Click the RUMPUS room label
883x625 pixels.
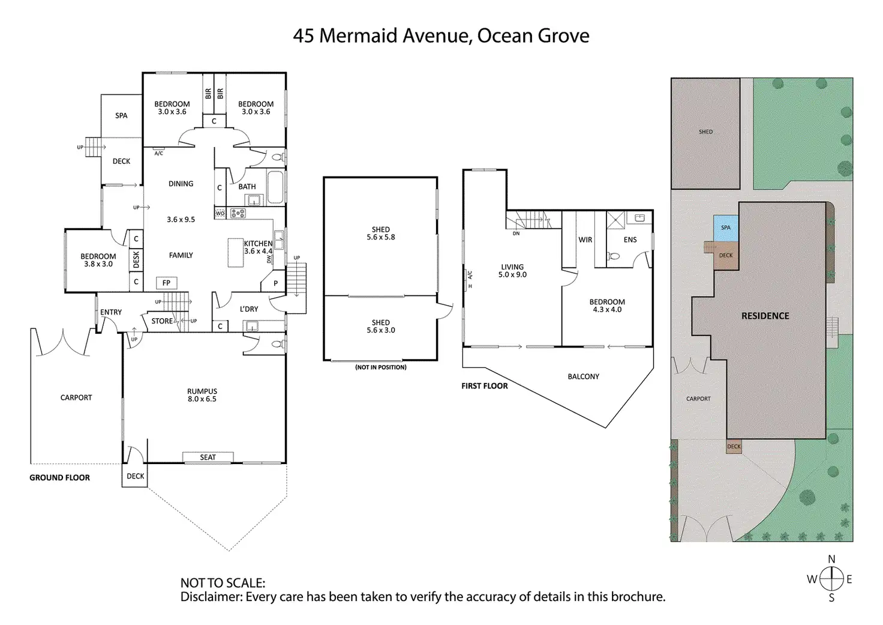(202, 391)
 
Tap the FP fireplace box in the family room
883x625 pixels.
(166, 283)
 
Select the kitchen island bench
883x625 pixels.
(235, 253)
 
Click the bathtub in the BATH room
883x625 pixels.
(275, 187)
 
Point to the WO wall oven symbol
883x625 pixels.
(220, 214)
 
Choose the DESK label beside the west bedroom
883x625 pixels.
(136, 260)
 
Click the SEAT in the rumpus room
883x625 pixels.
(208, 457)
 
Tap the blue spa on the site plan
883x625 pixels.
(726, 229)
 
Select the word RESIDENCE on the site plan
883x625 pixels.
(765, 316)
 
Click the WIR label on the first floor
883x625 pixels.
(585, 240)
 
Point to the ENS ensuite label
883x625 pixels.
(630, 240)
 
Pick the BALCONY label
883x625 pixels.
(584, 376)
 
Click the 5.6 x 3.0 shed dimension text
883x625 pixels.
(381, 330)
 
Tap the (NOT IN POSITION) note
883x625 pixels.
(381, 367)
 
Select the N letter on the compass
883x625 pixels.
(831, 559)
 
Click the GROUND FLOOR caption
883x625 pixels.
(59, 477)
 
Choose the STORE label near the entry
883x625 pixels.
(162, 321)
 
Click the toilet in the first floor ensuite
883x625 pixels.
(614, 256)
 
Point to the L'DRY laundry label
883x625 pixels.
(249, 309)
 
